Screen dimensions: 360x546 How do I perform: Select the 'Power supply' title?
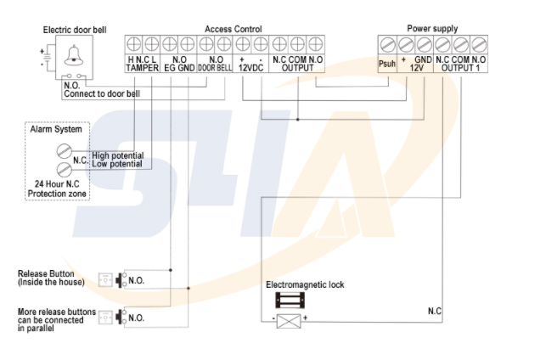tap(432, 29)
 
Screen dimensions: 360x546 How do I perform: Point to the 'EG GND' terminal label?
tap(179, 68)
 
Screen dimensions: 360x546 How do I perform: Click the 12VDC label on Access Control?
tap(251, 68)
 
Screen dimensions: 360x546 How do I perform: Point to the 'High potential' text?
tap(118, 155)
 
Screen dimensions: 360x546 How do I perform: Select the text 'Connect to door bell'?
tap(104, 93)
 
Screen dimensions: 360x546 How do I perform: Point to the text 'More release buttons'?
tap(56, 312)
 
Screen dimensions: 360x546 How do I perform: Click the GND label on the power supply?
tap(423, 60)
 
